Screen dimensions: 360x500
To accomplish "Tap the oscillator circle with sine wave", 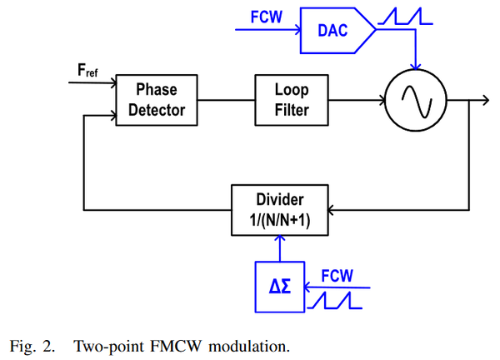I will [414, 101].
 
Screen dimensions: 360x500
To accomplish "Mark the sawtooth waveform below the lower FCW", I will [337, 299].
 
